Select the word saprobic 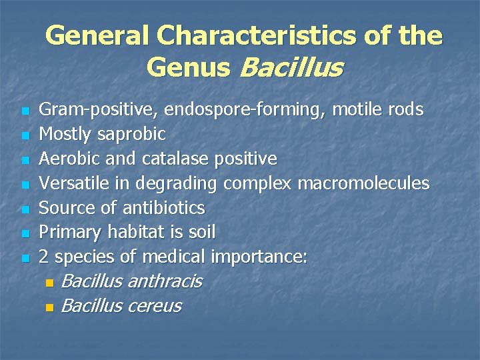pos(131,135)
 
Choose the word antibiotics pos(163,207)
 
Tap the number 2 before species pos(44,257)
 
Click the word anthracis pos(164,281)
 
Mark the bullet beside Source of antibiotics pos(25,209)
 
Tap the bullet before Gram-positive pos(25,111)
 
